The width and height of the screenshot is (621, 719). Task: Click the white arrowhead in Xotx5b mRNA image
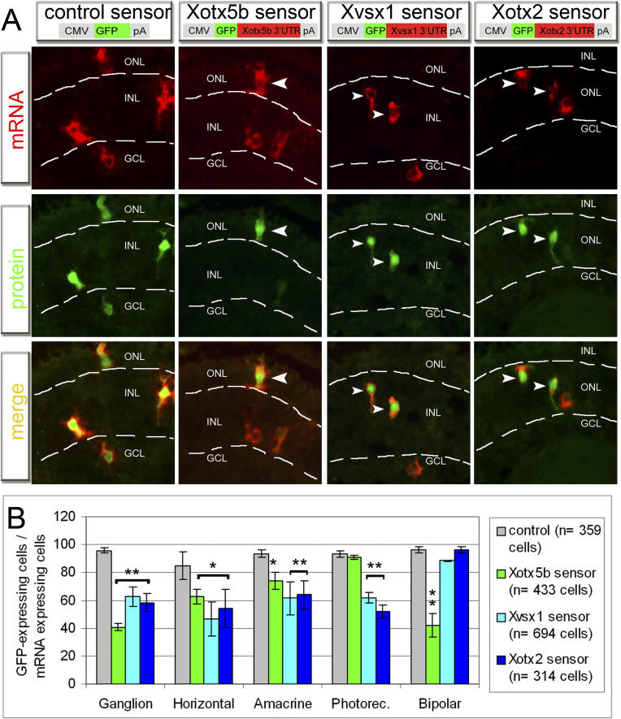(279, 83)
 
